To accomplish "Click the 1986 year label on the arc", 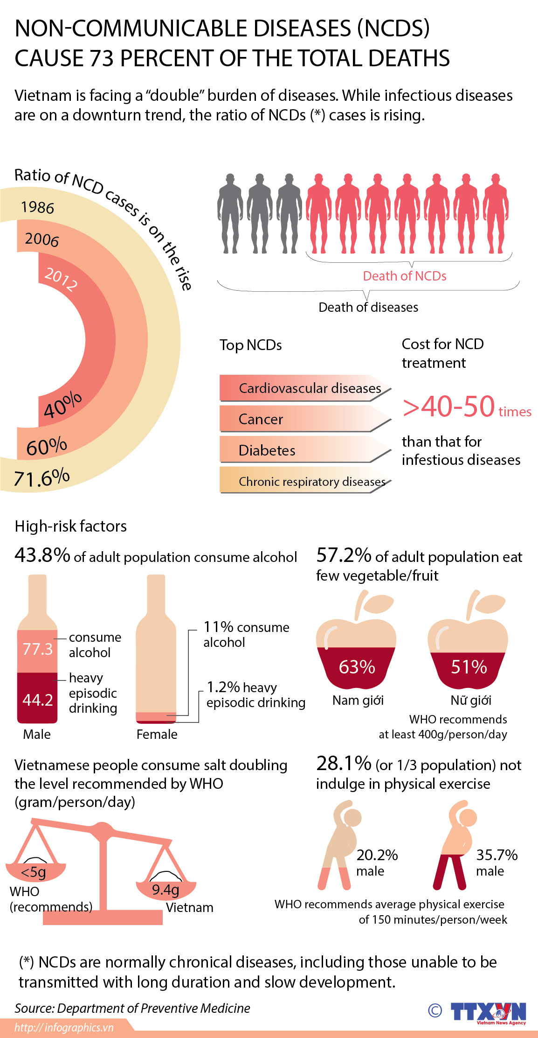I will click(37, 207).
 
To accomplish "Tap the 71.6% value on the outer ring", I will click(41, 478).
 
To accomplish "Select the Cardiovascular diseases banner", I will click(305, 388).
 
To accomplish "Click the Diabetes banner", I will click(305, 450).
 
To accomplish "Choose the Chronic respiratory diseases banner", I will click(305, 481).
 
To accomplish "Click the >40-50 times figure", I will click(466, 407).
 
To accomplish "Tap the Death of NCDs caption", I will click(404, 276).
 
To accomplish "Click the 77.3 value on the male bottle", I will click(38, 649).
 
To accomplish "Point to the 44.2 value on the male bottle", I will click(38, 700).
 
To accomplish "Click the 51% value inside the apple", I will click(469, 667).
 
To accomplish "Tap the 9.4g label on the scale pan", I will click(166, 890).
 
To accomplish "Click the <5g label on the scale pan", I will click(34, 872).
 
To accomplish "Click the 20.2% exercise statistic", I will click(377, 855).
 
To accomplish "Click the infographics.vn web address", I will click(64, 1027).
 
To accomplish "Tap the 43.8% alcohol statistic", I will click(42, 555).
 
